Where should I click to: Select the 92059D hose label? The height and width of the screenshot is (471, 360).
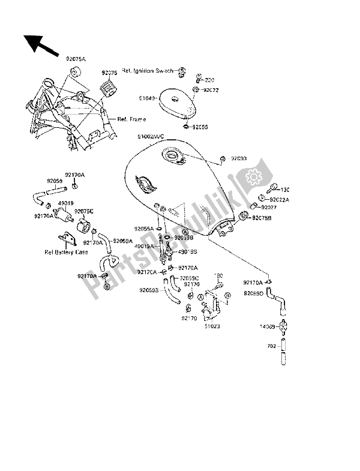tap(254, 293)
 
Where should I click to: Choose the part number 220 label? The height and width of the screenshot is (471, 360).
tap(209, 80)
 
